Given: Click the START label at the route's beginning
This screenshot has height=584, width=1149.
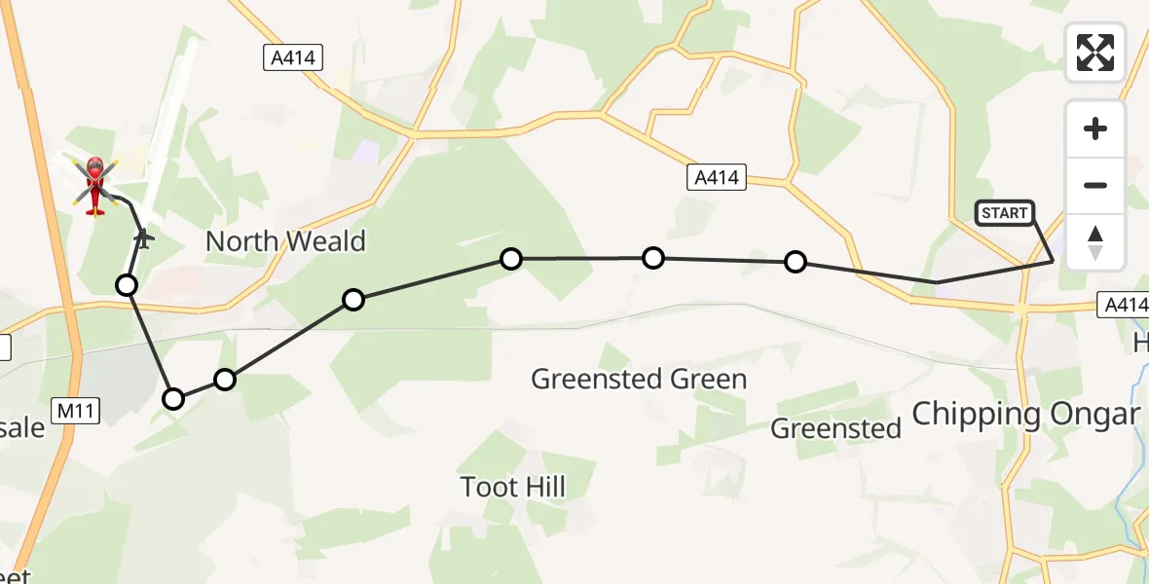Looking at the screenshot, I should click(x=1005, y=213).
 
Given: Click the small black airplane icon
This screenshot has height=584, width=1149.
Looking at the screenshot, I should click(x=143, y=237).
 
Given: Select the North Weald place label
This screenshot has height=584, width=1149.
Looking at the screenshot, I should click(x=285, y=240).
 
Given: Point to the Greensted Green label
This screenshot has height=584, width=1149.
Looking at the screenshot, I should click(x=639, y=379).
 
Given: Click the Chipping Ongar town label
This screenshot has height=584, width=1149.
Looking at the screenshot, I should click(x=1025, y=414).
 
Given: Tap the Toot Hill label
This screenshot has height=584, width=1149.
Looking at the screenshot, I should click(x=513, y=486).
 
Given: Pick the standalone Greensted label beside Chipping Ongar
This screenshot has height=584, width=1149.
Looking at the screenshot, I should click(x=835, y=427).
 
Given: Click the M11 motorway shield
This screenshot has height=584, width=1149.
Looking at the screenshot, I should click(x=76, y=411).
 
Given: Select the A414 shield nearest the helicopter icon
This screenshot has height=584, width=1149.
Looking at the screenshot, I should click(x=293, y=58).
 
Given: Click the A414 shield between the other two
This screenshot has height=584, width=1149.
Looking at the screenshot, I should click(x=717, y=177).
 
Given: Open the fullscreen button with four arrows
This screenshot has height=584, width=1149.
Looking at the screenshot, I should click(x=1095, y=53).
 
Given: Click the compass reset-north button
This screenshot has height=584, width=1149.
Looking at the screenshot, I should click(x=1095, y=241).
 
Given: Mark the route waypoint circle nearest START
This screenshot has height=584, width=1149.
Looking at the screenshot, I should click(x=796, y=261).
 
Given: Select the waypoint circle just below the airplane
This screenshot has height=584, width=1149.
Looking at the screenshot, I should click(x=127, y=284).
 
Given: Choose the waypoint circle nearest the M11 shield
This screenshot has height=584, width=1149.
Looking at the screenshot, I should click(x=173, y=398).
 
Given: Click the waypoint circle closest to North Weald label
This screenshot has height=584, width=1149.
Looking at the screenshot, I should click(x=353, y=300).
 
